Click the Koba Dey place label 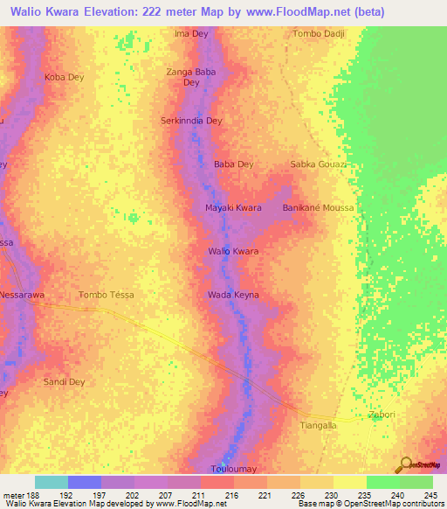64,77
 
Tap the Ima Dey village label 191,33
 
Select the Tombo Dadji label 319,33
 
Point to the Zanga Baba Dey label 191,77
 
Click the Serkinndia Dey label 192,121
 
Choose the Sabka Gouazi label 319,164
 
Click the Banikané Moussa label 319,207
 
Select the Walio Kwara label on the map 233,251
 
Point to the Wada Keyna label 233,295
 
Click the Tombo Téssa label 107,295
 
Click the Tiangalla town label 319,426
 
